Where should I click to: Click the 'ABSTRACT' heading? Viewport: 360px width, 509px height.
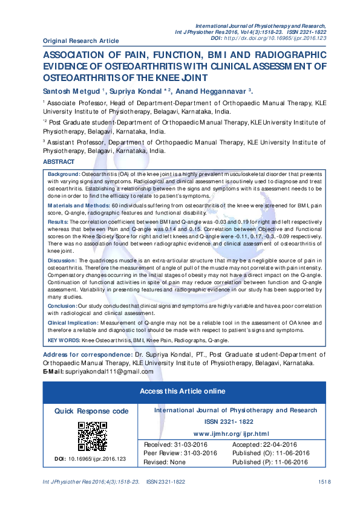click(x=59, y=162)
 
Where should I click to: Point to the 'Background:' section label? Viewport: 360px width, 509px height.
click(x=64, y=174)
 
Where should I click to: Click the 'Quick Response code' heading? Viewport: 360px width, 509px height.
click(x=91, y=411)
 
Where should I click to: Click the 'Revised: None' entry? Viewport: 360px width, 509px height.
click(x=165, y=462)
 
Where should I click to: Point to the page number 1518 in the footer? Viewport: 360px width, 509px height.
click(x=324, y=481)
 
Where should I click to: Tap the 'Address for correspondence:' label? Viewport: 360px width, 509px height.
click(x=87, y=354)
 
